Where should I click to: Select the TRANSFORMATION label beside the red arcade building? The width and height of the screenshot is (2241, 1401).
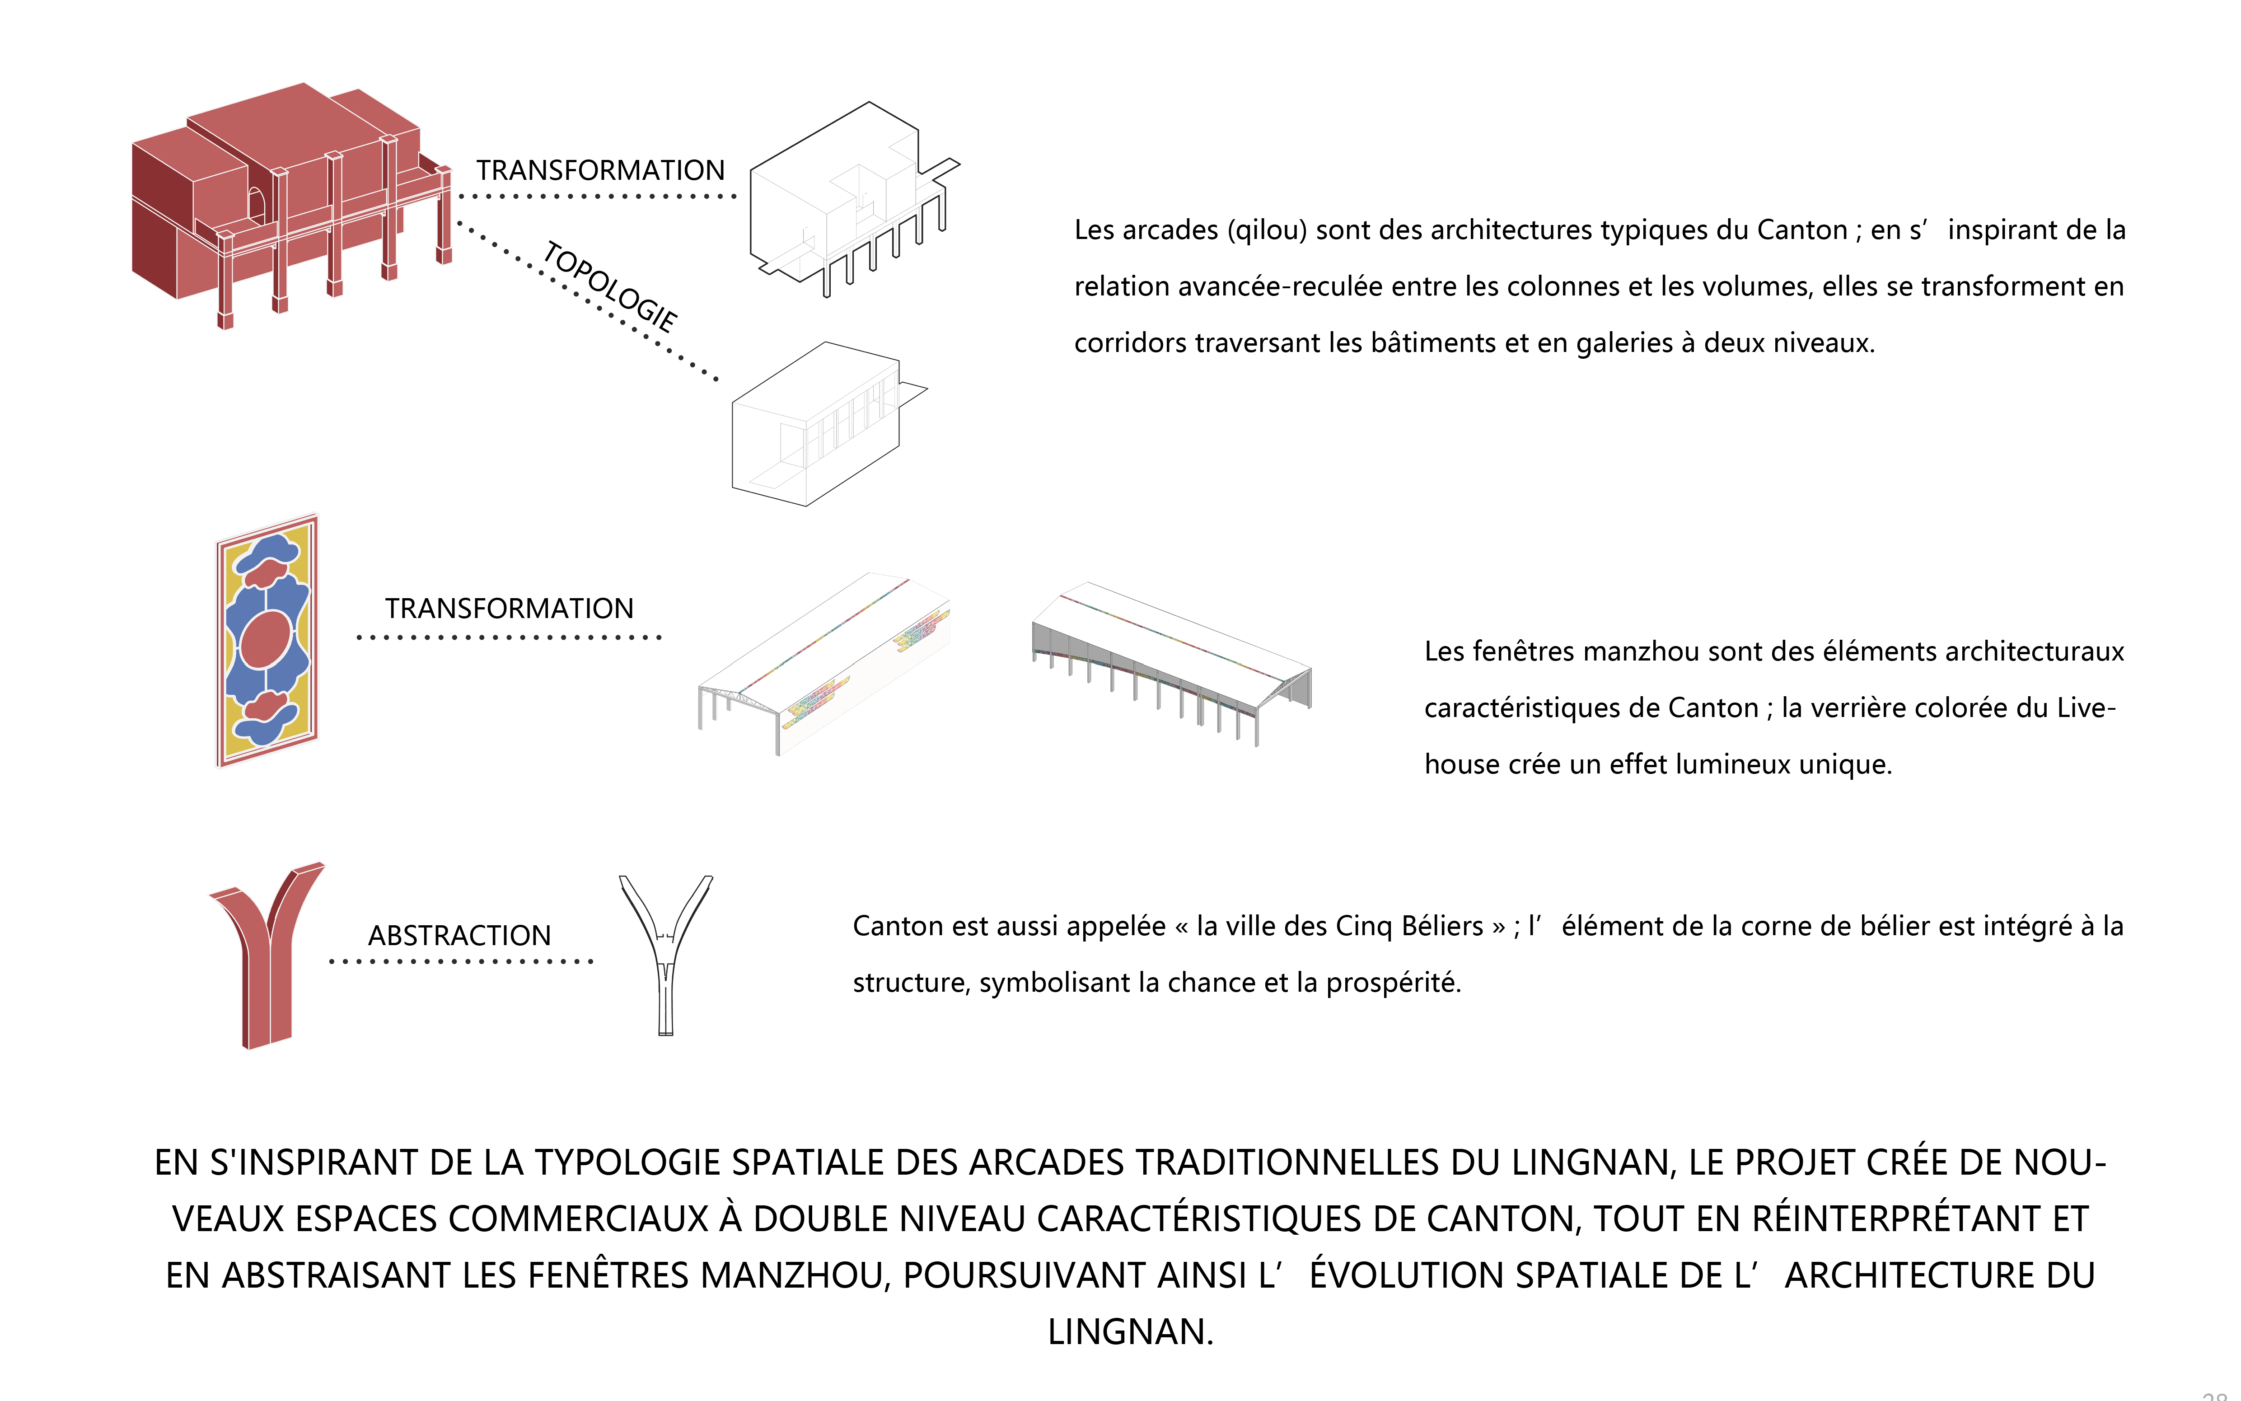pyautogui.click(x=600, y=170)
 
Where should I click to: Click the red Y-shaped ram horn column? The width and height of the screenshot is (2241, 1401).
pyautogui.click(x=267, y=954)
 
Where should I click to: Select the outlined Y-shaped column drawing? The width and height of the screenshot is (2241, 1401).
pyautogui.click(x=665, y=954)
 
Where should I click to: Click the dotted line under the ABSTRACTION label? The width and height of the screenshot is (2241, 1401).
pyautogui.click(x=460, y=962)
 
